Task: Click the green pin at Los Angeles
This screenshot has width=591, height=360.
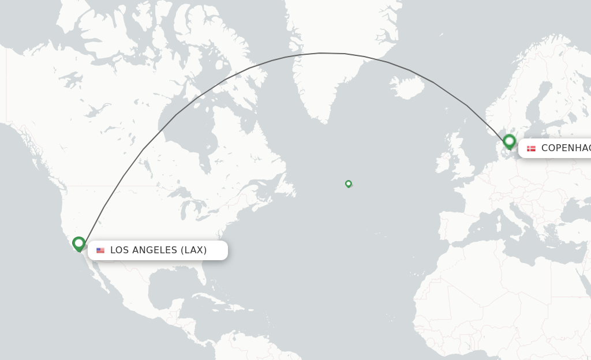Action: pyautogui.click(x=79, y=243)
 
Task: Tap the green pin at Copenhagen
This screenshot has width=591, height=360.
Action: pyautogui.click(x=509, y=141)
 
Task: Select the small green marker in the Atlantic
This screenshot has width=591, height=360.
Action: pyautogui.click(x=348, y=183)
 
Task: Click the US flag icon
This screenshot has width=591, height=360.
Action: pyautogui.click(x=100, y=250)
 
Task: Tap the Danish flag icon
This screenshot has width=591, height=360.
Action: pyautogui.click(x=531, y=148)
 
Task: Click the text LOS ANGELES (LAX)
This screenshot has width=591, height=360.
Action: pyautogui.click(x=158, y=250)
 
